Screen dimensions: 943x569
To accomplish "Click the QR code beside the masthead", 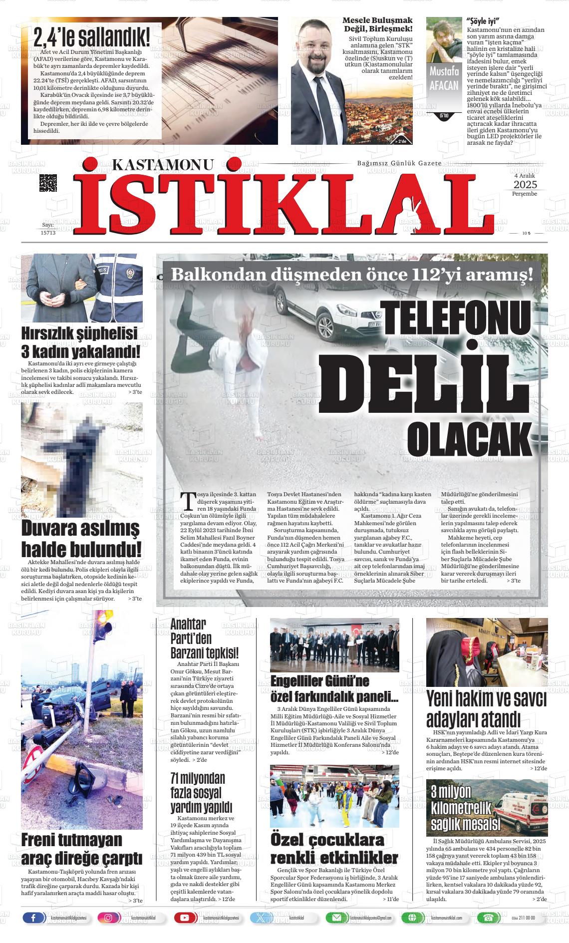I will tap(48, 183).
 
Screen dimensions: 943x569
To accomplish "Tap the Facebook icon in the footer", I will tap(34, 918).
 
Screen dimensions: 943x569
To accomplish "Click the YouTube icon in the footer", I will tap(185, 918).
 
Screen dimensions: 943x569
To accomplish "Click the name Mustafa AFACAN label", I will tap(444, 78).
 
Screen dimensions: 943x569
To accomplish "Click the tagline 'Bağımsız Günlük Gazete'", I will tap(399, 164).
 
